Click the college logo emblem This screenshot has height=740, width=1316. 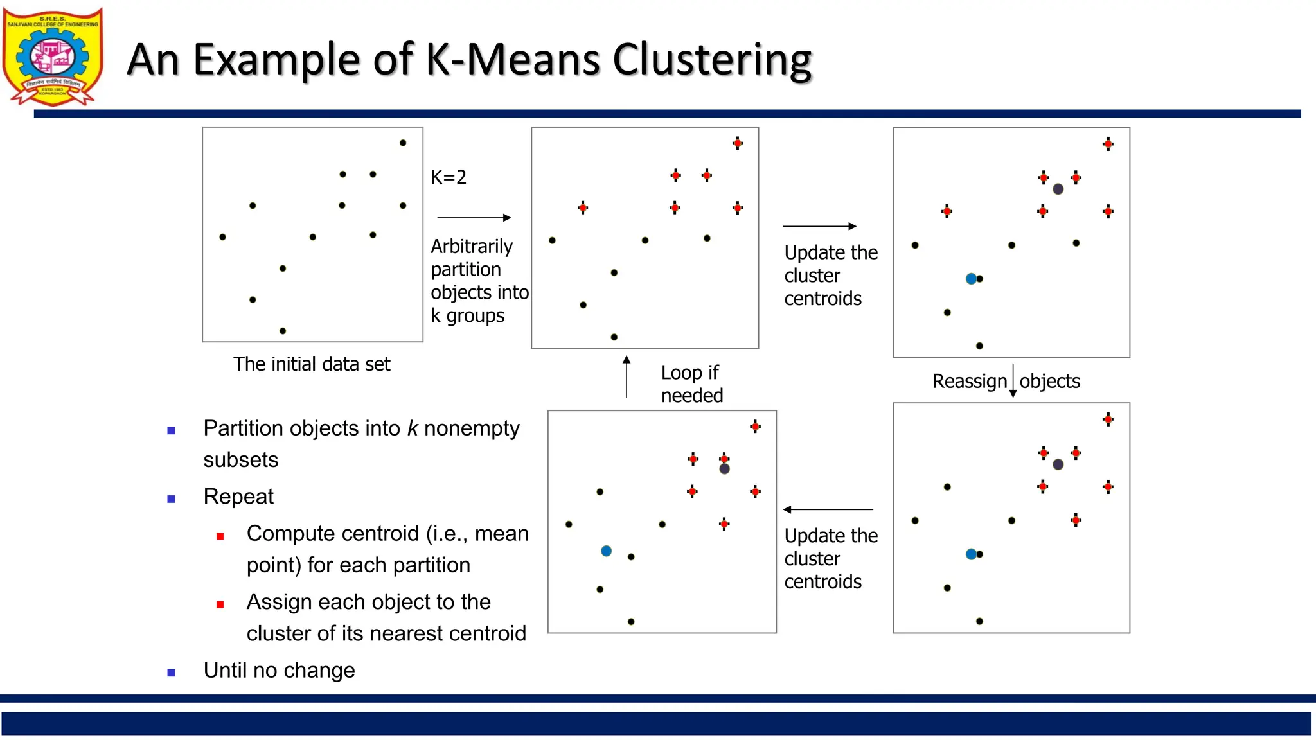(53, 57)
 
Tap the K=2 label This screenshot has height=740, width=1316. (449, 177)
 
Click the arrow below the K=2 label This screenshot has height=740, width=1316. (474, 218)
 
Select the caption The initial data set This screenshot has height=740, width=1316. (312, 364)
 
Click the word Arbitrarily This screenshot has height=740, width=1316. (472, 247)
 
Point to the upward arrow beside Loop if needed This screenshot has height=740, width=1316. (627, 377)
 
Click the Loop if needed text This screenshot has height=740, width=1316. (691, 384)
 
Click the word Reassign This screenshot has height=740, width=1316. (969, 382)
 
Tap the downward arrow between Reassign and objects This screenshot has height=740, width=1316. (1013, 381)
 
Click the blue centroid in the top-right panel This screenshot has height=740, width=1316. (971, 279)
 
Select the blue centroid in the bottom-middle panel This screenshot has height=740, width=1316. (606, 551)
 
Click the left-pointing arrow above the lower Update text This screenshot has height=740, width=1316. (828, 509)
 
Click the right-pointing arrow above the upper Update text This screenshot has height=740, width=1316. (819, 226)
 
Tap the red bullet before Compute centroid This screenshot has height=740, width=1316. (220, 536)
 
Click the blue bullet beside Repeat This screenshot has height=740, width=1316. (172, 499)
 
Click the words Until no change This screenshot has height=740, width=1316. (279, 671)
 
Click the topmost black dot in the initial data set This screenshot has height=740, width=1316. (403, 143)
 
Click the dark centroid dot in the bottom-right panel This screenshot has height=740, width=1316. (1058, 464)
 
